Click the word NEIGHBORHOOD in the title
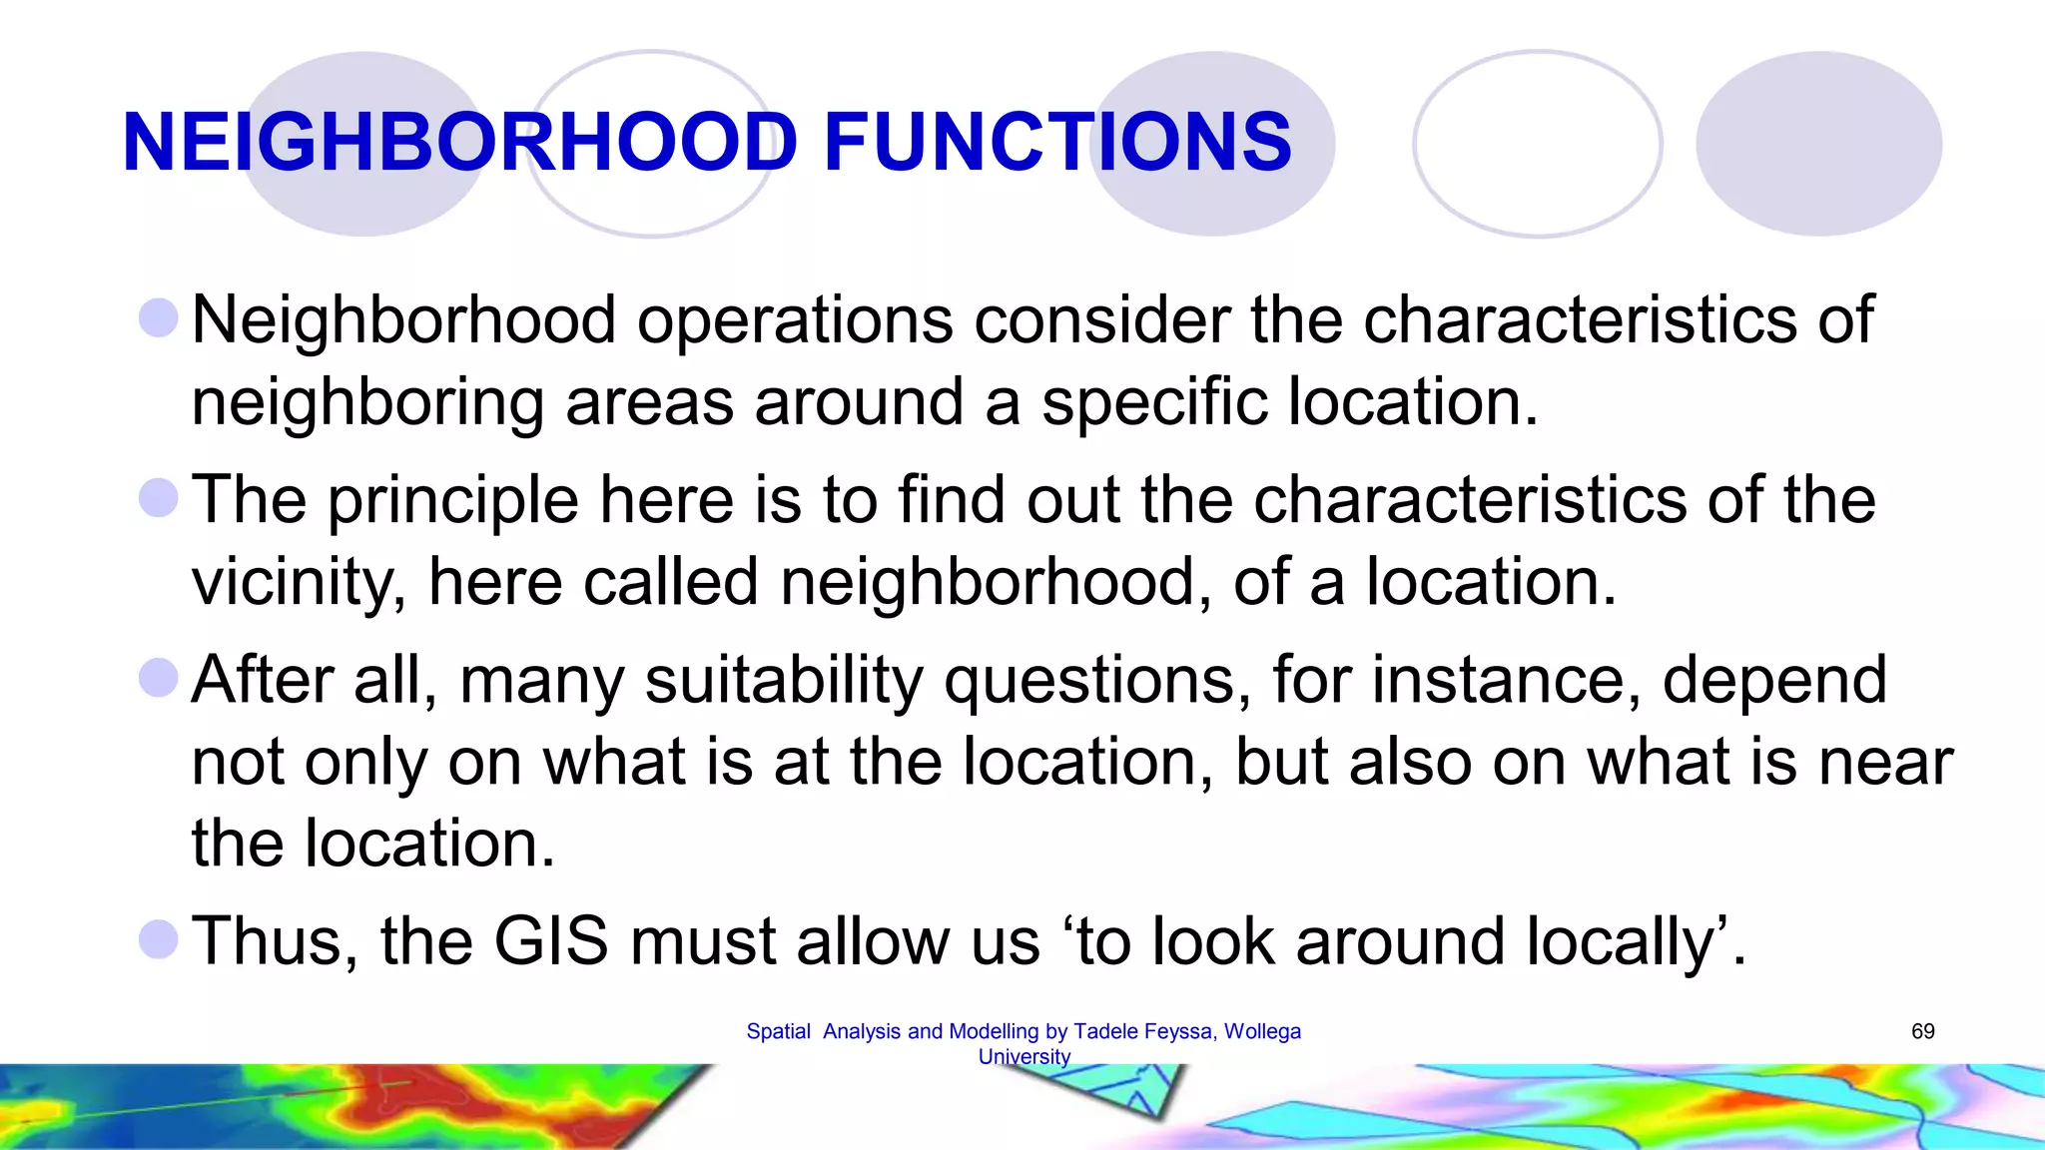460,142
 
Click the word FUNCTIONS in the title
1058,142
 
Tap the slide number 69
1922,1031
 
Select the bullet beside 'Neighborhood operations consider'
159,318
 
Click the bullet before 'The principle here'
159,498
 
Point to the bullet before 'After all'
159,678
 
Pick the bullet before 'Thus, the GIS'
159,939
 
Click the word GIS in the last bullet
551,940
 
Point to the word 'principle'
453,500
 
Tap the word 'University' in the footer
1023,1056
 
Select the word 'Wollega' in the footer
1262,1031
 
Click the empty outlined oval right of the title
1537,144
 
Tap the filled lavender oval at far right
1818,144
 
